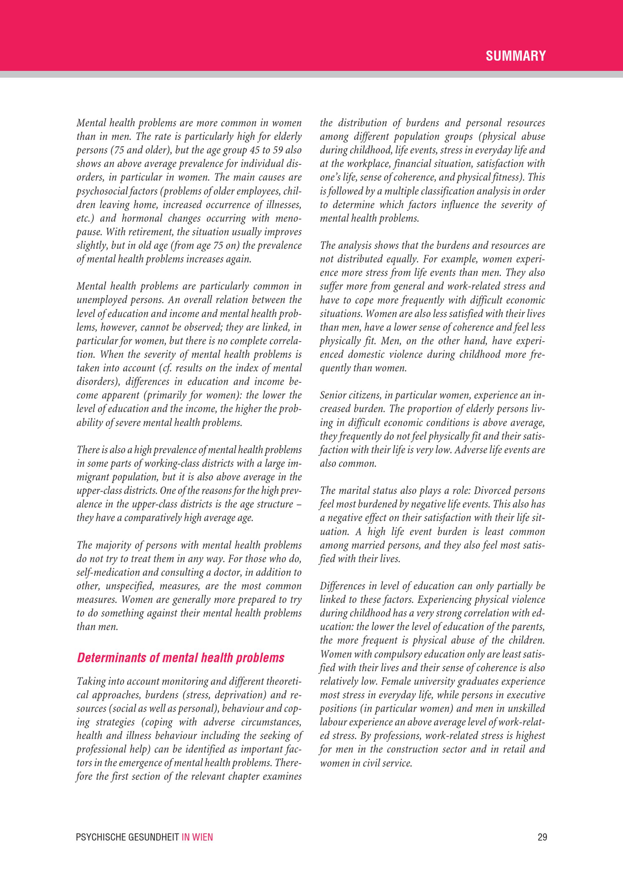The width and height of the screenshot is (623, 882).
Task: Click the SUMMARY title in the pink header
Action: tap(515, 56)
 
